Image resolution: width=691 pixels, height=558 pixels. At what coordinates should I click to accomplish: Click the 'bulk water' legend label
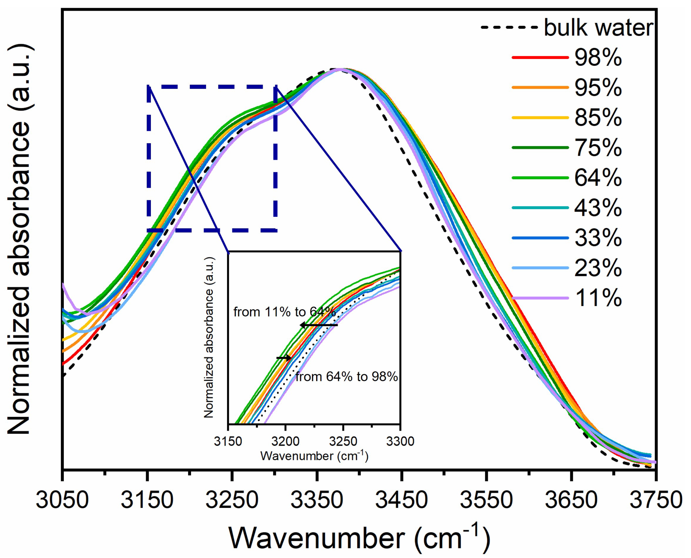[x=598, y=28]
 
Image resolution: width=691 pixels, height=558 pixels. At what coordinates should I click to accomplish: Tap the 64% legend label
[x=598, y=178]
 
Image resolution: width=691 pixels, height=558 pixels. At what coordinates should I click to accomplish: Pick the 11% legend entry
[x=598, y=298]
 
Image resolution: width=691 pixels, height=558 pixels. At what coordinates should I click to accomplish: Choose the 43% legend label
[x=598, y=208]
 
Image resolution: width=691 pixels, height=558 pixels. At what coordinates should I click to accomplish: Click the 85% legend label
[x=598, y=118]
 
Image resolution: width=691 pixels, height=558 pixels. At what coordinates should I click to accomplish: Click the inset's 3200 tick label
[x=285, y=441]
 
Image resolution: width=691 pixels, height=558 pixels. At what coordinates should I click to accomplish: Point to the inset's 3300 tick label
[x=400, y=441]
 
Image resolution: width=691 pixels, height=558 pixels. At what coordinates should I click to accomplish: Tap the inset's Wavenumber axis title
[x=314, y=456]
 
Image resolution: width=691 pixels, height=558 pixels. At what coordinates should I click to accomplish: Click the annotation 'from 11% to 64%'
[x=284, y=312]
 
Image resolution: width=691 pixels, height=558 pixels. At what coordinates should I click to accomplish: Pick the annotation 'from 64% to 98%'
[x=346, y=377]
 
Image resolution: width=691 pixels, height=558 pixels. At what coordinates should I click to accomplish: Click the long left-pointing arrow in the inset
[x=319, y=325]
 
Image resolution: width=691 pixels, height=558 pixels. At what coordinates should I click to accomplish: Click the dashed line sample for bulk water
[x=509, y=28]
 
